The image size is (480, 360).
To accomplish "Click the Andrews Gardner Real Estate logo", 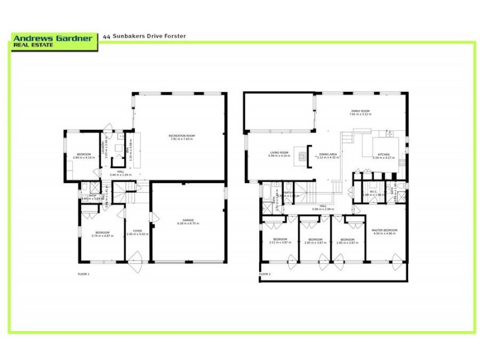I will point(54,41).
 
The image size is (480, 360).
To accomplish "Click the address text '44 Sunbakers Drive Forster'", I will point(145,36).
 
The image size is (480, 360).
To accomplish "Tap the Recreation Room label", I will point(181,138).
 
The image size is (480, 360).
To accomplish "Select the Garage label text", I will point(188,221).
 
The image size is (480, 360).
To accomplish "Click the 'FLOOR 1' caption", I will point(83,274).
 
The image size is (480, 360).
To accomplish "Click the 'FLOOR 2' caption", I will point(265,274).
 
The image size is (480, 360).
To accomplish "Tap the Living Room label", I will point(279,154).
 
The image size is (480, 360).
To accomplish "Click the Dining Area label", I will point(328,155).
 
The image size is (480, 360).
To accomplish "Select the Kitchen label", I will point(384,155).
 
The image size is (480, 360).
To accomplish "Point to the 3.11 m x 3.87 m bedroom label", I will point(279,240).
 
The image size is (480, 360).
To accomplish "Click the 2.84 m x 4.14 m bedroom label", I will point(85,155).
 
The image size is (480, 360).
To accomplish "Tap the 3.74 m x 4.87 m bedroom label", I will point(102,233).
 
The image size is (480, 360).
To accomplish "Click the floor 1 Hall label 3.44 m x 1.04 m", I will point(116,173).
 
